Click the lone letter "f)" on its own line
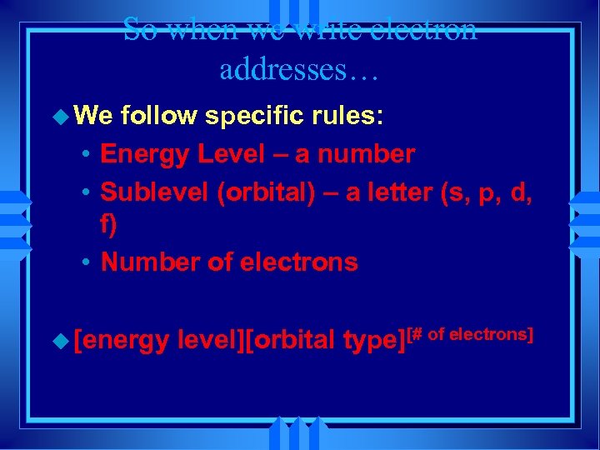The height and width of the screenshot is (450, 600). tap(109, 227)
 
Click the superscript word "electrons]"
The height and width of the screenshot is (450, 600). tap(492, 334)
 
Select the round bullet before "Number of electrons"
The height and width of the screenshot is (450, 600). tap(87, 263)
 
